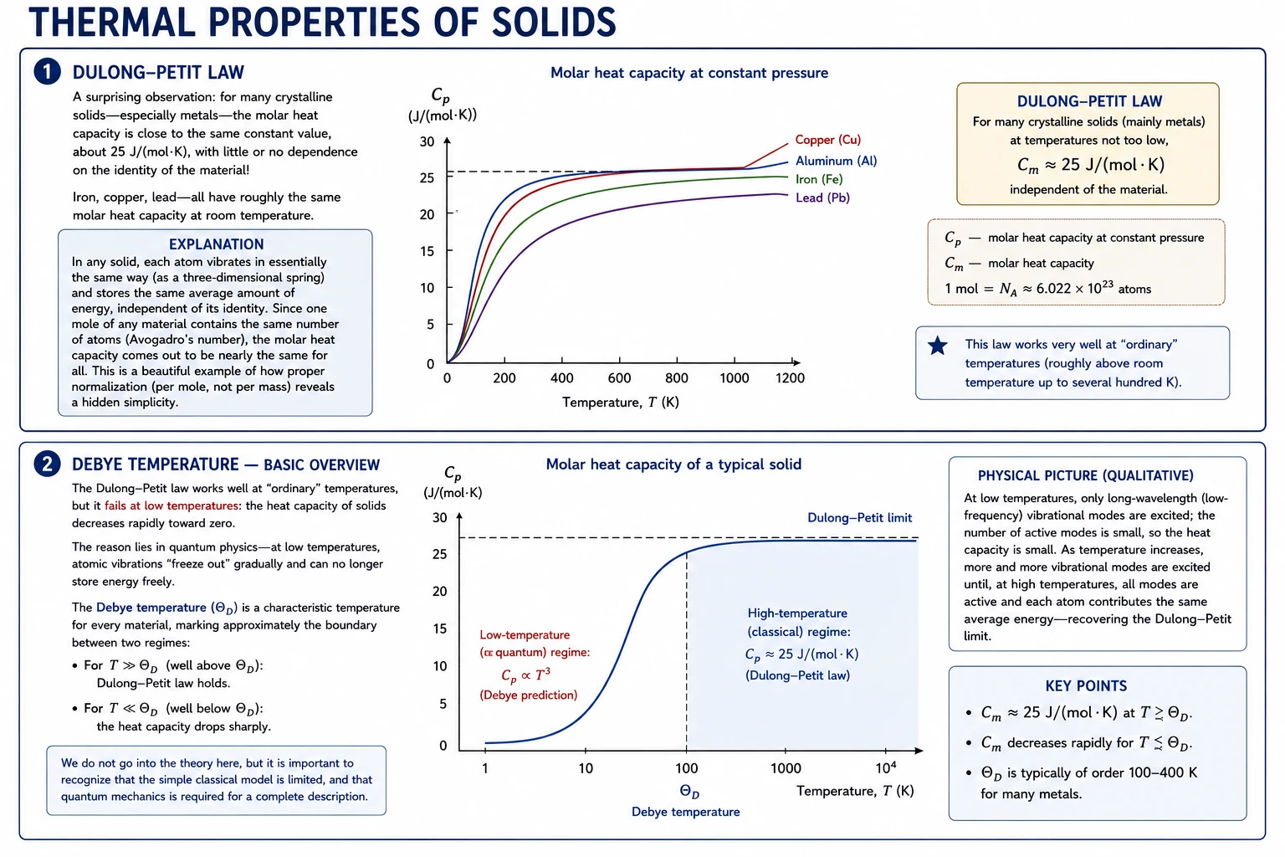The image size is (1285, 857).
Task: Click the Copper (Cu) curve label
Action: pos(827,140)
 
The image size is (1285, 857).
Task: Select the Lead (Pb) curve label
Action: pos(822,198)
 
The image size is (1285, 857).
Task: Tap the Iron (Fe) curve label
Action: pos(819,179)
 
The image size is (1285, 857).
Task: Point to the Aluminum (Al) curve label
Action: pos(836,161)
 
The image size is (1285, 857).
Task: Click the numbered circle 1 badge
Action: pos(48,72)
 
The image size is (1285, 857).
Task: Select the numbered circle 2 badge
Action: pos(48,464)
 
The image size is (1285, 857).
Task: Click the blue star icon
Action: pos(937,346)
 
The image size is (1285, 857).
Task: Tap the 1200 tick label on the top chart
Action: pos(790,377)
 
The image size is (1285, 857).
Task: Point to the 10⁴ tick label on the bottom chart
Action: pos(886,767)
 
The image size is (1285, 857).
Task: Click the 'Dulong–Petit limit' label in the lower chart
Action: pos(859,518)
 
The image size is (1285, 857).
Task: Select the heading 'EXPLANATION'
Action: pos(217,244)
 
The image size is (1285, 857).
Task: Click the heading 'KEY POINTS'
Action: pos(1086,686)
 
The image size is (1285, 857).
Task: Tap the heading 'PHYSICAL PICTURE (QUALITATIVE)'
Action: pos(1085,475)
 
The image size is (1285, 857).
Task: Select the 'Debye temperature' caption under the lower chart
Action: pos(685,812)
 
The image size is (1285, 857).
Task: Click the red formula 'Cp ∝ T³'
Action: pos(525,675)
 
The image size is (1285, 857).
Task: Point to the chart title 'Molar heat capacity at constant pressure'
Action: pos(689,73)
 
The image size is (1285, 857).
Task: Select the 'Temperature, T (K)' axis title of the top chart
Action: pos(620,402)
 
